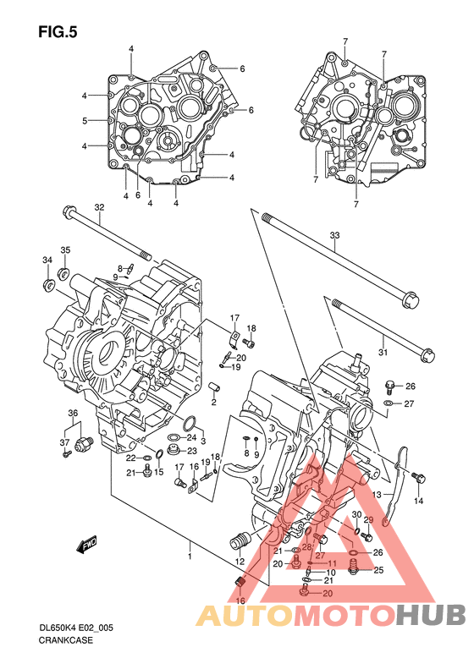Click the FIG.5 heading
[58, 32]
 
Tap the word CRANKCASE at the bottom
[65, 640]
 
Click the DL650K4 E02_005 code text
[76, 628]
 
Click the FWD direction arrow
[87, 544]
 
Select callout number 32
[99, 207]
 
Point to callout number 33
[334, 235]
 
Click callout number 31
[383, 352]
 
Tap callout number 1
[190, 557]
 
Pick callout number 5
[85, 121]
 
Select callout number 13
[376, 495]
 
